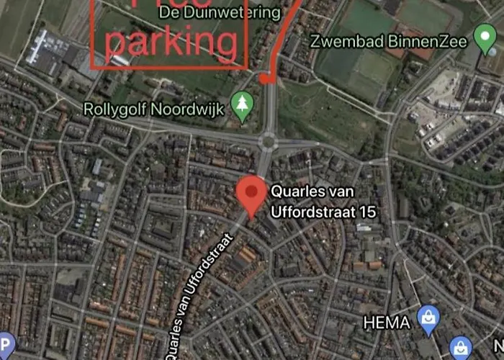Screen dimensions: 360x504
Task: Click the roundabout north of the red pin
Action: point(268,140)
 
